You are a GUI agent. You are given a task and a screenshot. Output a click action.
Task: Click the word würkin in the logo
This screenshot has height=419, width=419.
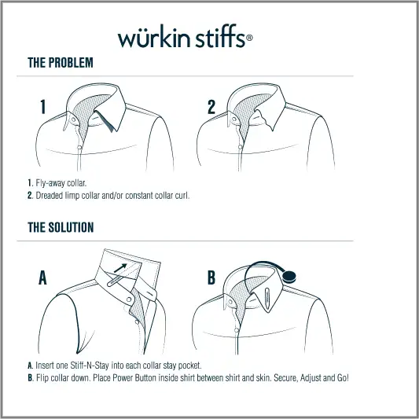click(x=153, y=38)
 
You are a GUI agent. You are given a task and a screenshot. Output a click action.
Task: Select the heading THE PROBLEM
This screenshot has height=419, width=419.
click(x=61, y=63)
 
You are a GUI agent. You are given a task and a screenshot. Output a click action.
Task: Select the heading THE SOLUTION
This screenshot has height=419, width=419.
click(x=61, y=227)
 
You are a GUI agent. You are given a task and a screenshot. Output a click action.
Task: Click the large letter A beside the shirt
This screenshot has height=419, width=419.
click(x=43, y=277)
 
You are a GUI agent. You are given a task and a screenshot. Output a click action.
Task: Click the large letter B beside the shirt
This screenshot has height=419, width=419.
click(x=211, y=277)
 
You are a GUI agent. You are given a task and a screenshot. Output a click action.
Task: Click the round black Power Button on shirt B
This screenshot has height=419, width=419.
click(x=289, y=277)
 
